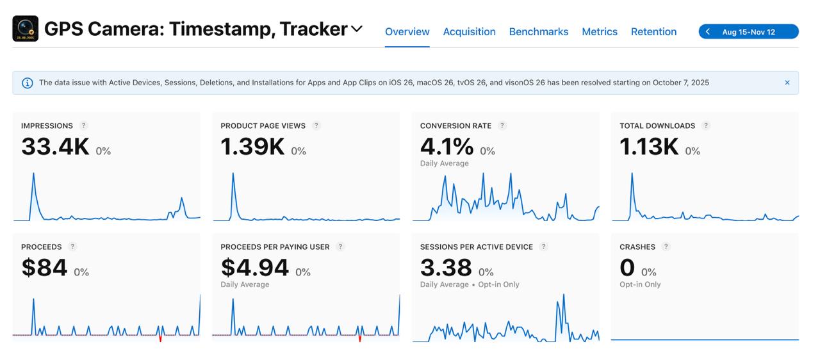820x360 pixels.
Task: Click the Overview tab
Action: click(407, 31)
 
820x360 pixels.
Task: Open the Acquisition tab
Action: click(469, 31)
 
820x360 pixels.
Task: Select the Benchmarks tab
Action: click(538, 31)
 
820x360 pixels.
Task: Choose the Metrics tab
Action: click(600, 31)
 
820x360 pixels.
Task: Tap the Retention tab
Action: click(653, 31)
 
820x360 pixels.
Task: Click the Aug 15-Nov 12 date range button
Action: click(748, 31)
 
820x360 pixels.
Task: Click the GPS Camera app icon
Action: click(26, 29)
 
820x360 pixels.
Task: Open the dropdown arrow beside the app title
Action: click(357, 29)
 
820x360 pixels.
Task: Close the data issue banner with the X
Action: click(787, 83)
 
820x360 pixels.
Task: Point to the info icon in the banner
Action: click(28, 83)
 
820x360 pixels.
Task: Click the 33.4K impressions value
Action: click(55, 147)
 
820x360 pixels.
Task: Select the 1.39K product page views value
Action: click(252, 147)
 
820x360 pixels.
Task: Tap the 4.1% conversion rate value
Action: click(447, 147)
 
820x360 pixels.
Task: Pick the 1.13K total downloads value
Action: click(649, 147)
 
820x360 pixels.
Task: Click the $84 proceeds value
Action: click(44, 268)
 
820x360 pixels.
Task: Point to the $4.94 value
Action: click(254, 268)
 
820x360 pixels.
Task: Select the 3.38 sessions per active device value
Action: click(446, 268)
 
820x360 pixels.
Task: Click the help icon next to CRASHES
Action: click(666, 247)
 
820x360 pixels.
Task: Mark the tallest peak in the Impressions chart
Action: click(33, 174)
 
